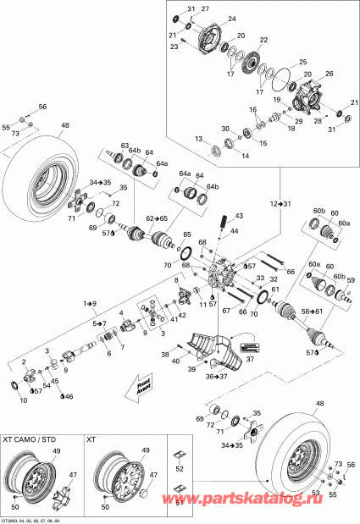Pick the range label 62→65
tap(156, 218)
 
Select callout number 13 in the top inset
tap(197, 138)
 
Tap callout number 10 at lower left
tap(21, 400)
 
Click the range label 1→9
tap(90, 302)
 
